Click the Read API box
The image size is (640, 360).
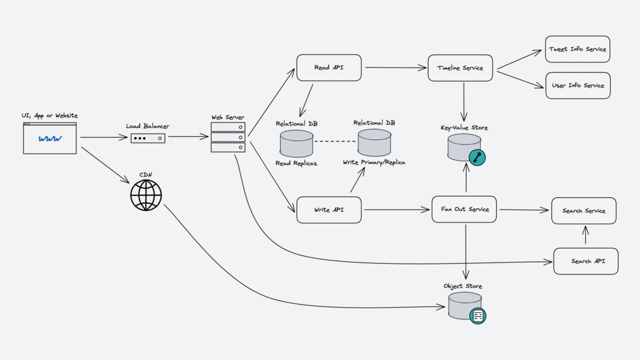pyautogui.click(x=329, y=68)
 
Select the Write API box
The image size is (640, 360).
pyautogui.click(x=329, y=210)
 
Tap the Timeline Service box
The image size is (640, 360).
pyautogui.click(x=460, y=68)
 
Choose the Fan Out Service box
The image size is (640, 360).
pyautogui.click(x=464, y=209)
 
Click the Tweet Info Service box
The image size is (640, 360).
pyautogui.click(x=578, y=49)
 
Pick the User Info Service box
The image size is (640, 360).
pyautogui.click(x=578, y=85)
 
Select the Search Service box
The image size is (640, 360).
pyautogui.click(x=584, y=210)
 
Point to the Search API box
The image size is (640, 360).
pyautogui.click(x=586, y=261)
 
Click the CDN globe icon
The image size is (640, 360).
pyautogui.click(x=146, y=195)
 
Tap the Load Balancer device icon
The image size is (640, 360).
pyautogui.click(x=148, y=138)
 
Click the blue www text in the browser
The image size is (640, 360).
pyautogui.click(x=50, y=138)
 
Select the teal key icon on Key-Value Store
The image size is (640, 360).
pyautogui.click(x=477, y=157)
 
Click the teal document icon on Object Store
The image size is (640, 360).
pyautogui.click(x=478, y=315)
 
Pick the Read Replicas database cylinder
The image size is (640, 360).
pyautogui.click(x=296, y=143)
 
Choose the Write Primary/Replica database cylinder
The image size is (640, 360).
pyautogui.click(x=374, y=143)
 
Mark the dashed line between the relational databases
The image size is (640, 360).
pyautogui.click(x=335, y=141)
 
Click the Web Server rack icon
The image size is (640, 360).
pyautogui.click(x=228, y=137)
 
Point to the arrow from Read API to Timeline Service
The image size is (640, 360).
pyautogui.click(x=395, y=68)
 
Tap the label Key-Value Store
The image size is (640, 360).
pyautogui.click(x=464, y=128)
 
